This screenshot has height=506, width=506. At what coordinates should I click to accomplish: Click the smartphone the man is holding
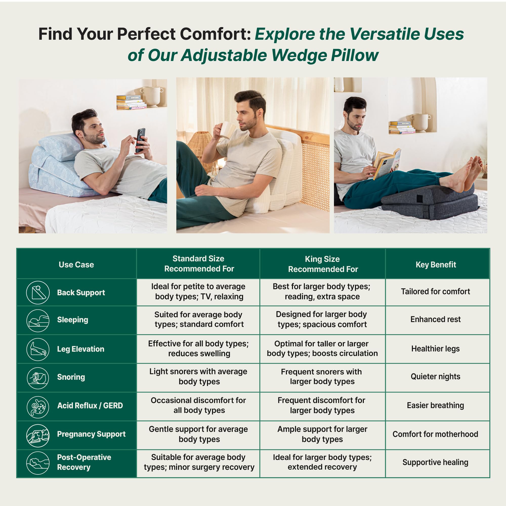[x=141, y=140]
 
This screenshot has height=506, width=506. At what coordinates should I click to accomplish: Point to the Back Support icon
[x=38, y=292]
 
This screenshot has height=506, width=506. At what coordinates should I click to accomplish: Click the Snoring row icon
[x=38, y=378]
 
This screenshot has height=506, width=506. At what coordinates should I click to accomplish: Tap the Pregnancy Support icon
[x=38, y=436]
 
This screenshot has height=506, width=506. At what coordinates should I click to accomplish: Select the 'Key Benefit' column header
[x=436, y=265]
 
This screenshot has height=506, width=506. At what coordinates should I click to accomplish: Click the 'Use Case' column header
[x=76, y=265]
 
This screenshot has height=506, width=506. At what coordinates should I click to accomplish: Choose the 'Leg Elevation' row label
[x=81, y=349]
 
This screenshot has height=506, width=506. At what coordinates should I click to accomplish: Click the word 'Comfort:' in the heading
[x=216, y=34]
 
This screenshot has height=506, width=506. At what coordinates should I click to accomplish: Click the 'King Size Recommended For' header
[x=323, y=264]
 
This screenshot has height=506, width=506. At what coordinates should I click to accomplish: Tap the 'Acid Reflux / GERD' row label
[x=90, y=405]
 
